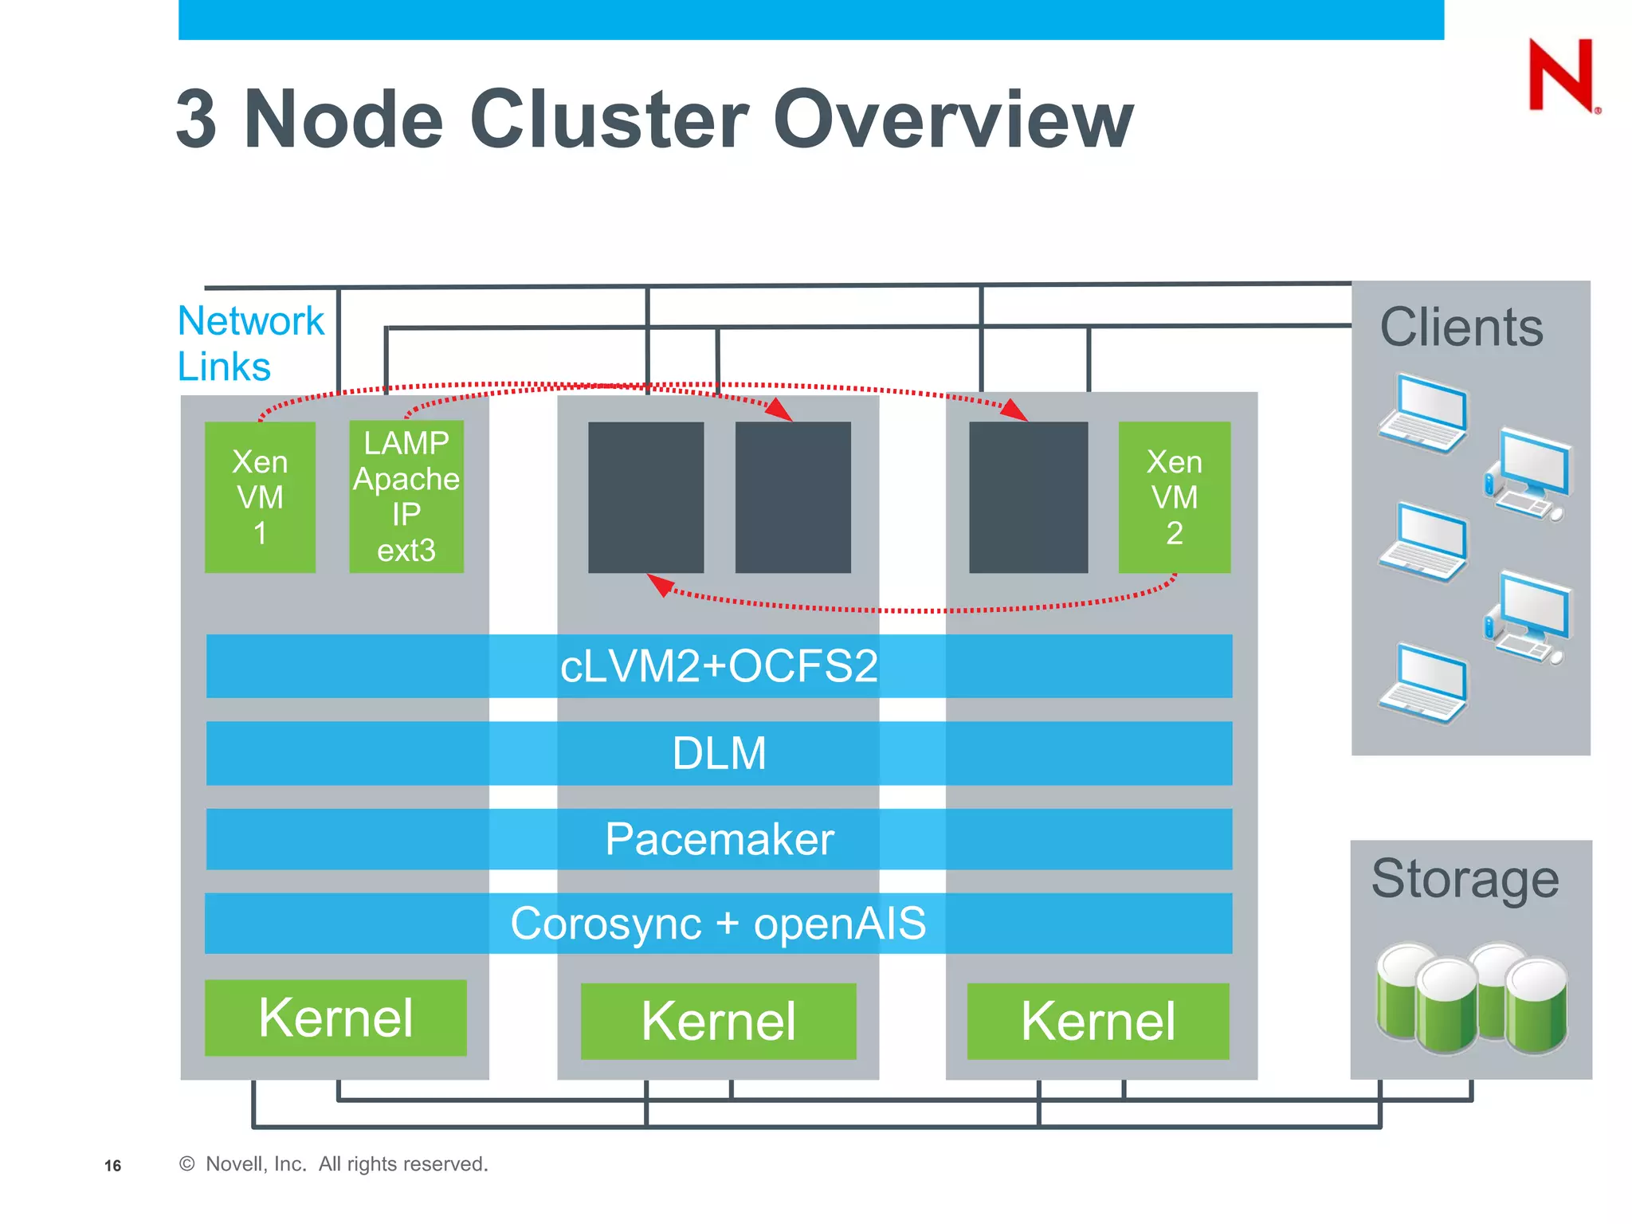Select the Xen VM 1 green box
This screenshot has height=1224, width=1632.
click(x=260, y=497)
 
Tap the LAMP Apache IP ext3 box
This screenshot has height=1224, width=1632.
click(x=406, y=496)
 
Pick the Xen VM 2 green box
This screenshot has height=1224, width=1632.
click(x=1174, y=497)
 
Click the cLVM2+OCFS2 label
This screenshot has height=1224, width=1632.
click(x=719, y=666)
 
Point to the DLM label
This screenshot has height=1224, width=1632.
click(x=719, y=753)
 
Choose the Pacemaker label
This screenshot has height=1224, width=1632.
click(x=719, y=839)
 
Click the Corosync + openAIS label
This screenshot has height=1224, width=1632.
click(x=719, y=924)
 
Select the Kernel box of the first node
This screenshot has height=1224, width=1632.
click(x=335, y=1018)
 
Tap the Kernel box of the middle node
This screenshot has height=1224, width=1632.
click(x=718, y=1021)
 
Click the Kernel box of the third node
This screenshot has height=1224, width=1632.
click(x=1097, y=1021)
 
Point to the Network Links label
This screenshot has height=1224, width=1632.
click(x=249, y=343)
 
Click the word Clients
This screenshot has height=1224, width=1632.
click(x=1461, y=328)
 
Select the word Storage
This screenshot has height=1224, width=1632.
click(x=1465, y=879)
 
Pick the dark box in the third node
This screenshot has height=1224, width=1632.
click(x=1028, y=497)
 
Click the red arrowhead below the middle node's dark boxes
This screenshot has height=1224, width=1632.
click(x=661, y=584)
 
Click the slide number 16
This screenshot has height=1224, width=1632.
click(x=112, y=1166)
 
